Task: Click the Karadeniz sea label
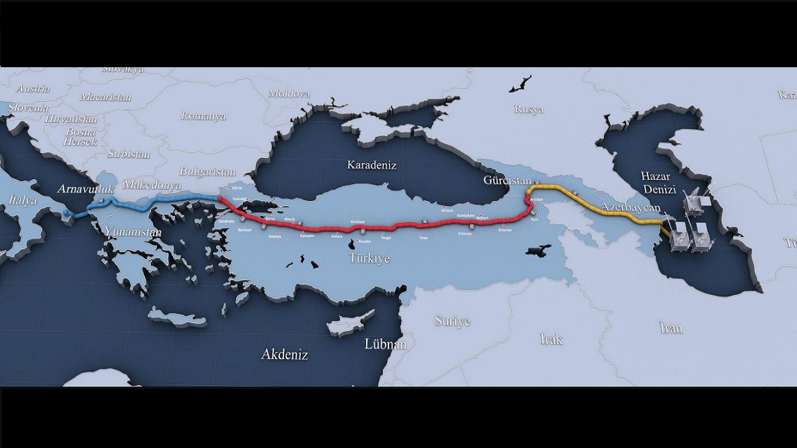pyautogui.click(x=372, y=166)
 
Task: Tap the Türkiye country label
pyautogui.click(x=369, y=258)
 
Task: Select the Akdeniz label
pyautogui.click(x=285, y=355)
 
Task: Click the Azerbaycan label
pyautogui.click(x=630, y=207)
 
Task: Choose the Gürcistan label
pyautogui.click(x=507, y=180)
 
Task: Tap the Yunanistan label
pyautogui.click(x=133, y=232)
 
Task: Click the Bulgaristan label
pyautogui.click(x=207, y=172)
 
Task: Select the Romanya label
pyautogui.click(x=203, y=116)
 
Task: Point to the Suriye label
pyautogui.click(x=453, y=321)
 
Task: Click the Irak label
pyautogui.click(x=552, y=339)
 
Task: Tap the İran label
pyautogui.click(x=671, y=328)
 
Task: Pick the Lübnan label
pyautogui.click(x=385, y=344)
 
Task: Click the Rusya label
pyautogui.click(x=529, y=110)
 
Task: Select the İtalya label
pyautogui.click(x=23, y=200)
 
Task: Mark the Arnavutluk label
pyautogui.click(x=86, y=189)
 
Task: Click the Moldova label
pyautogui.click(x=289, y=94)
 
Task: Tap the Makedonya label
pyautogui.click(x=152, y=185)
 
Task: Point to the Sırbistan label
pyautogui.click(x=128, y=154)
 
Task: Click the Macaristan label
pyautogui.click(x=106, y=97)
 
